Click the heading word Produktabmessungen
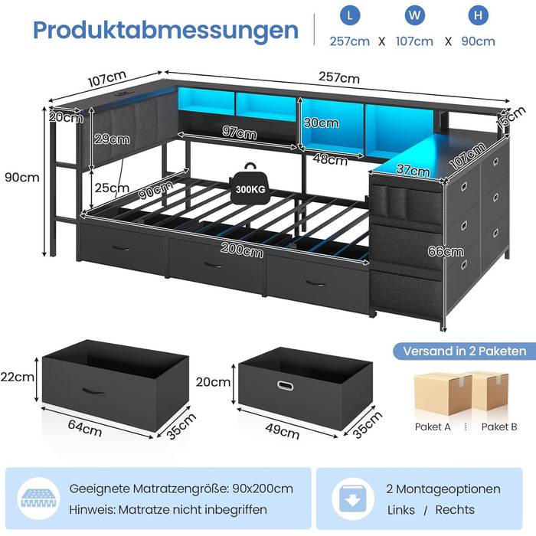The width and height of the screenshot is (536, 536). pyautogui.click(x=165, y=30)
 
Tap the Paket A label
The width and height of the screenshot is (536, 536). pyautogui.click(x=433, y=427)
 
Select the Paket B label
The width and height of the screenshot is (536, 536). pyautogui.click(x=498, y=427)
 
